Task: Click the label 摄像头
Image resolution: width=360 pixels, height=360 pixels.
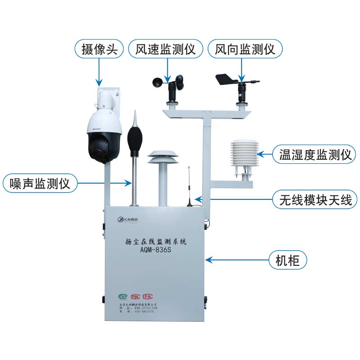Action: click(99, 49)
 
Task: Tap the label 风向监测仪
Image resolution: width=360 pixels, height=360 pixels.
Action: click(245, 49)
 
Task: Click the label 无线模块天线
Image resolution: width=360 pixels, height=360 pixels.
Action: click(314, 198)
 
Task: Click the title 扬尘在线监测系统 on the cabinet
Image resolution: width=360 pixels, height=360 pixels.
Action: click(156, 242)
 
